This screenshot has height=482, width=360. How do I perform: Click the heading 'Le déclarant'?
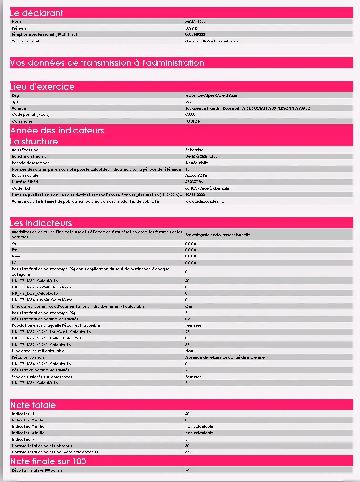pos(37,13)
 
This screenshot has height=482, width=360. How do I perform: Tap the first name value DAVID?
pos(191,28)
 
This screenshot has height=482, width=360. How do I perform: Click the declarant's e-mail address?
pos(212,41)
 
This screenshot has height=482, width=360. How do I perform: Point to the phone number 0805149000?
pos(195,34)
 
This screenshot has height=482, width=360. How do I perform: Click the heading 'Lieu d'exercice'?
pos(42,87)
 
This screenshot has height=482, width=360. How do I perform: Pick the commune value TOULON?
pos(193,121)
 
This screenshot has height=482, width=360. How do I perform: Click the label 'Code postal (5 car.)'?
pos(31,114)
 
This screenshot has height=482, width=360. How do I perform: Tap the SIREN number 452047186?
pos(194,182)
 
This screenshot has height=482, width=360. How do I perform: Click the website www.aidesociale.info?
pos(205,201)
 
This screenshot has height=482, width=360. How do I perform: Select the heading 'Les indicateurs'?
pos(41,223)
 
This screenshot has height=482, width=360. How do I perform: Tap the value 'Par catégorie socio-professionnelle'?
pos(217,235)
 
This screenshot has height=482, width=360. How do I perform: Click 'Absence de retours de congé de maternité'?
pos(225,357)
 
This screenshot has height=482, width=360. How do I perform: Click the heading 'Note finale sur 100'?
pos(48,461)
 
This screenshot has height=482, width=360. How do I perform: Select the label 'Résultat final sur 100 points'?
pos(37,470)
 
